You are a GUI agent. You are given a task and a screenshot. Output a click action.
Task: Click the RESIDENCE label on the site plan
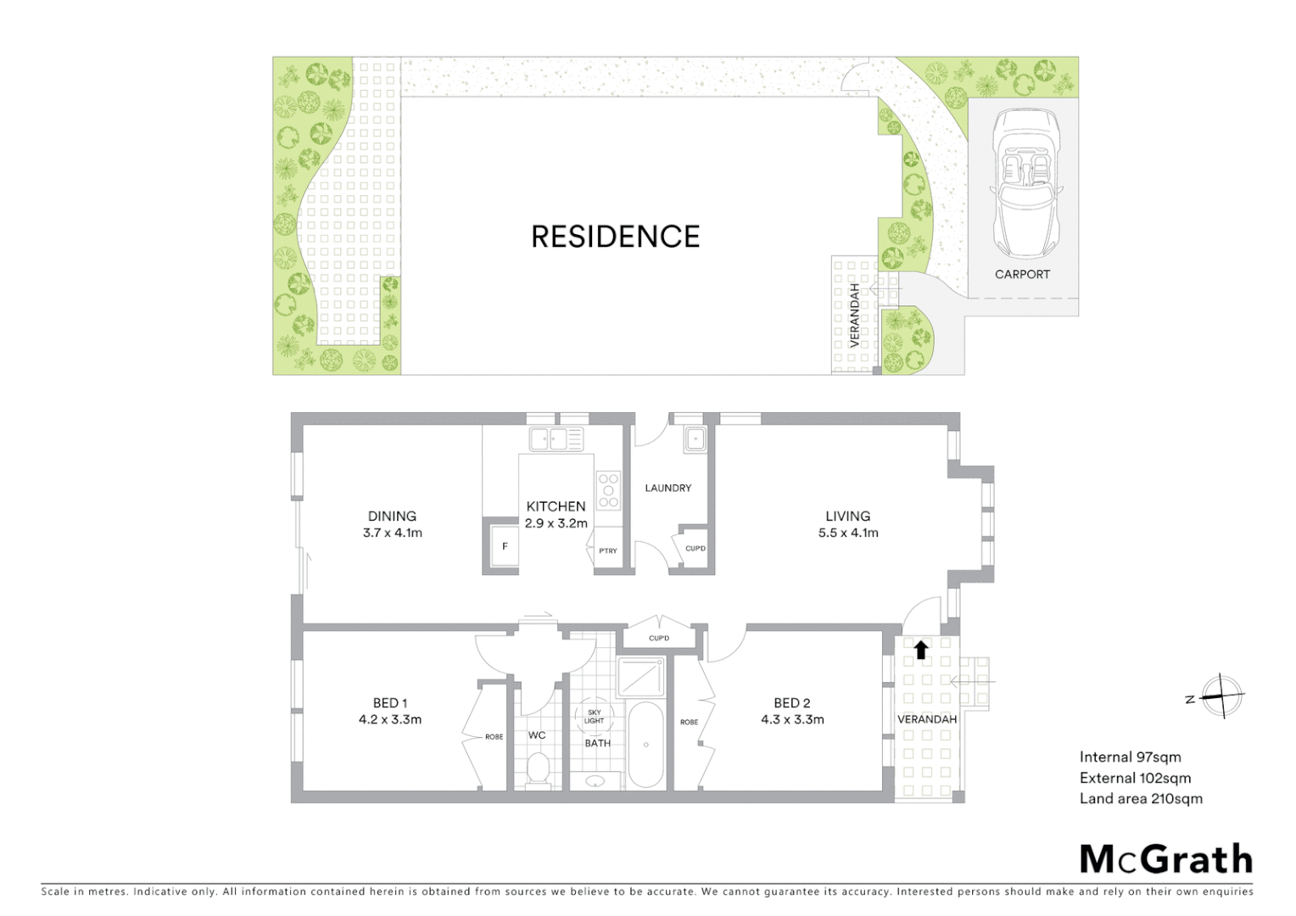point(615,236)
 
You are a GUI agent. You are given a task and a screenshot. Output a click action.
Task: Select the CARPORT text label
point(1022,274)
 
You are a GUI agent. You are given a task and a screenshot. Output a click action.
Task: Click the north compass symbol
point(1221,697)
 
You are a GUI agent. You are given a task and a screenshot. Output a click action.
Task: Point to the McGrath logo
point(1165,859)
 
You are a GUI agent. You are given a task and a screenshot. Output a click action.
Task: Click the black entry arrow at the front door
point(921,650)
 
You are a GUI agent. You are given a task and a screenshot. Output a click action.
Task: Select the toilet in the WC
point(538,770)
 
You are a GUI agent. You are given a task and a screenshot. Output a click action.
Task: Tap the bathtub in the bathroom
point(646,745)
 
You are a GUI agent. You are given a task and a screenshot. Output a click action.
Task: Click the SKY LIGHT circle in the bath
point(594,717)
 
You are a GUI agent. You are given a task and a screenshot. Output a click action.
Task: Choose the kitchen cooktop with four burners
point(608,489)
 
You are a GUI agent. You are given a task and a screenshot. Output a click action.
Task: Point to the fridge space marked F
point(505,547)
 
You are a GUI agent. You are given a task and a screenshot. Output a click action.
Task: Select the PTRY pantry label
point(608,551)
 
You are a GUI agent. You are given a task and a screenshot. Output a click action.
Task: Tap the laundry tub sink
point(695,439)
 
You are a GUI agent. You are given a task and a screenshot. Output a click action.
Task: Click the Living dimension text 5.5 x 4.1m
point(848,533)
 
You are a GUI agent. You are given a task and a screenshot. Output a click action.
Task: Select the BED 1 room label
point(390,702)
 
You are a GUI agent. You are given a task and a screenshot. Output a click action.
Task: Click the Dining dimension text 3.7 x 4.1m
point(392,533)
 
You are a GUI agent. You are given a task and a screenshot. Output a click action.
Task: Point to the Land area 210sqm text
point(1141,798)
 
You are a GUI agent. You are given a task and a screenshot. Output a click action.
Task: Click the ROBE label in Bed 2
point(689,722)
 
